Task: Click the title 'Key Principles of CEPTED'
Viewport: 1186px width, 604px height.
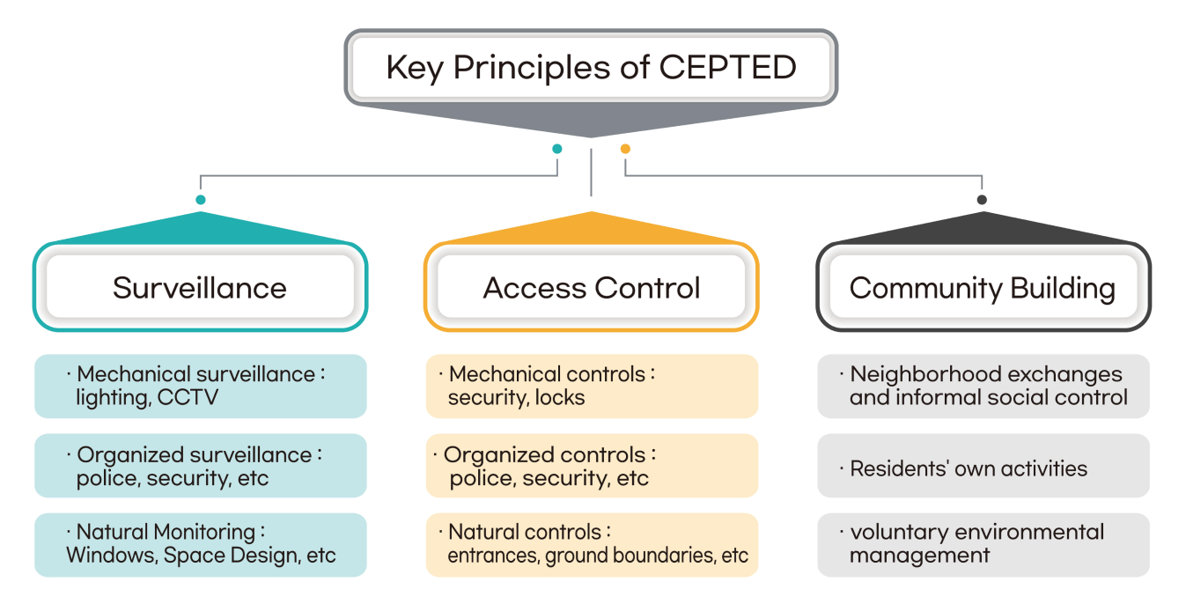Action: [591, 68]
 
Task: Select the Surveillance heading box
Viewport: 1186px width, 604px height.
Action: [200, 288]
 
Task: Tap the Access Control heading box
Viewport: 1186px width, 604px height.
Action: [591, 288]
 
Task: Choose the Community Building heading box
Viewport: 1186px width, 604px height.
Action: [983, 288]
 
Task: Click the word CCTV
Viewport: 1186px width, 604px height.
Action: [188, 398]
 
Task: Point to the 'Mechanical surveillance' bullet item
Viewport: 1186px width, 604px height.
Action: [200, 386]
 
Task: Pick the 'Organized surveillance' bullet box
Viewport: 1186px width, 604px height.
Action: [200, 466]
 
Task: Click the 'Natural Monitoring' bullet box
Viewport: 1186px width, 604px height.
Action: [200, 544]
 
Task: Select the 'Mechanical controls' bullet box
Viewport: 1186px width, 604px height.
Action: [591, 386]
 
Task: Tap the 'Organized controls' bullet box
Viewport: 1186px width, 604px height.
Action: [591, 466]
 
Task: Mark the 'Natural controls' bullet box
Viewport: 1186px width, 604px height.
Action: [591, 544]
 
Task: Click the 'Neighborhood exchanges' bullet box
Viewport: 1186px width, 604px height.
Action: [983, 386]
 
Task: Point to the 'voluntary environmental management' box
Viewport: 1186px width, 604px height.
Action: [983, 544]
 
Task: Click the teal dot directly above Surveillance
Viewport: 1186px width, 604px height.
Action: [201, 200]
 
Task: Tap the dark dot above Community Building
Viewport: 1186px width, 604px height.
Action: [982, 200]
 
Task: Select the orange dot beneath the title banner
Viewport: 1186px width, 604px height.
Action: [625, 149]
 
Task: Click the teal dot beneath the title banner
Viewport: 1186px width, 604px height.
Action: [556, 149]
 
